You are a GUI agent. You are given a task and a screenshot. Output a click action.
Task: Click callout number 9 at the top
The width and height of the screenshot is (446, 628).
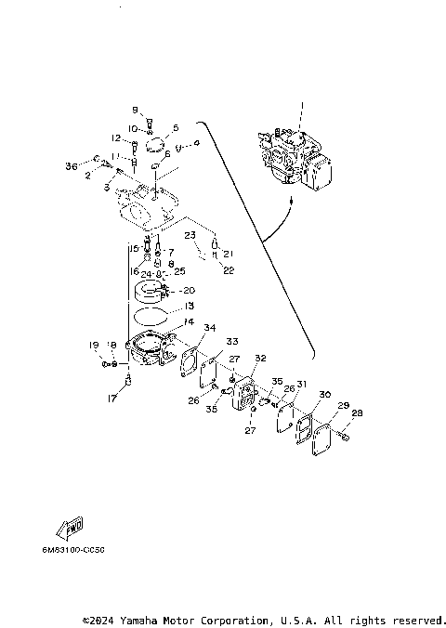tap(134, 110)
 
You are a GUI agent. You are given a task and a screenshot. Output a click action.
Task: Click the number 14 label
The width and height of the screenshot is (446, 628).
tap(189, 321)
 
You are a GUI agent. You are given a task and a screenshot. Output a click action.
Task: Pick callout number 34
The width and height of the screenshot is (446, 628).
tap(210, 328)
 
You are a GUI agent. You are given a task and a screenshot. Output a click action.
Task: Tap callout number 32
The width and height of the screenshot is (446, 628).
tap(260, 358)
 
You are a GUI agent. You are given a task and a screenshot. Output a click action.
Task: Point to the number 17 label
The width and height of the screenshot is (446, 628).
tap(111, 400)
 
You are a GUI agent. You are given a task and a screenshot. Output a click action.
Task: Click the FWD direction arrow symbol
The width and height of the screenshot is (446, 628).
tap(72, 529)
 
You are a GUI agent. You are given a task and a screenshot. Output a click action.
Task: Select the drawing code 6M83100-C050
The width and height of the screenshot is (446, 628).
tap(72, 550)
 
